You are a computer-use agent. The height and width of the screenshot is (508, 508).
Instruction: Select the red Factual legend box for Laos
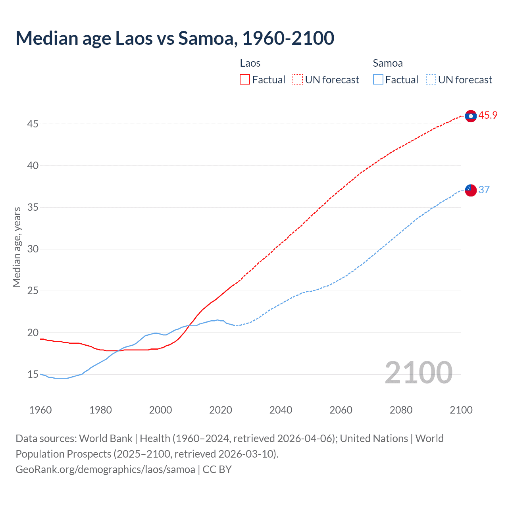click(245, 80)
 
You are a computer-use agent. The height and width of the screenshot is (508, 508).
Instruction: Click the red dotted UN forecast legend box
click(298, 80)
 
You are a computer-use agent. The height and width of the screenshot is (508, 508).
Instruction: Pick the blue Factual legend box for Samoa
click(378, 80)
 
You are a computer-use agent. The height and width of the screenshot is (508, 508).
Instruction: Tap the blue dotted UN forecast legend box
click(431, 80)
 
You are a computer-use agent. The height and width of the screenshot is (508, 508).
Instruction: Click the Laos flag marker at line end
click(471, 116)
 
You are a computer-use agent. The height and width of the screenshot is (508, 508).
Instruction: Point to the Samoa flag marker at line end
click(471, 190)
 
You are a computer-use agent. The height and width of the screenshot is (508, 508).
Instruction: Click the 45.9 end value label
click(488, 115)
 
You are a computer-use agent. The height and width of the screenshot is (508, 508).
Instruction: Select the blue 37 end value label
click(484, 190)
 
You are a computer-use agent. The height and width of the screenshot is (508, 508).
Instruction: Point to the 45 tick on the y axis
click(33, 124)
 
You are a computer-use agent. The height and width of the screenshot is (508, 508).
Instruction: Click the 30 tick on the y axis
click(33, 249)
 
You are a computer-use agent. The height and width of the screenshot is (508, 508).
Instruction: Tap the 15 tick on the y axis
click(33, 375)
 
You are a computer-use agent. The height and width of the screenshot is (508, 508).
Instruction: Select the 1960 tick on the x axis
click(40, 410)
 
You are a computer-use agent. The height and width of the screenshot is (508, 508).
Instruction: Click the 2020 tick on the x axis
click(221, 410)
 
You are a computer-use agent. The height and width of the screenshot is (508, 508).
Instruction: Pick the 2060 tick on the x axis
click(341, 410)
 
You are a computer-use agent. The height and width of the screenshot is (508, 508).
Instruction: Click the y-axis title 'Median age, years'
click(17, 247)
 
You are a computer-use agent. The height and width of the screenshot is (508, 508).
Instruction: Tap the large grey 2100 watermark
click(418, 373)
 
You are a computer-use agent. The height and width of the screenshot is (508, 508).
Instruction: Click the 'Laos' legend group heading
click(250, 63)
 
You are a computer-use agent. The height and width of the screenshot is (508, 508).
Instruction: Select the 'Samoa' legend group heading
click(388, 63)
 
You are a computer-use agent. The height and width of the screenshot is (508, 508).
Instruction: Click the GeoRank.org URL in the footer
click(105, 470)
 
